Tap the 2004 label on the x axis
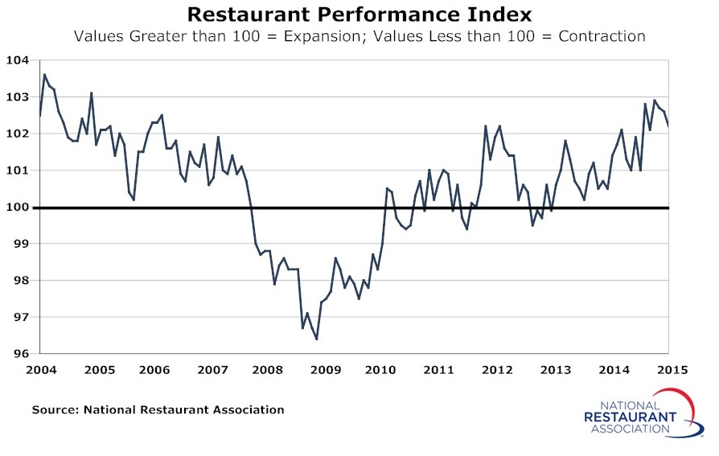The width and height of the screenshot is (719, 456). [x=39, y=371]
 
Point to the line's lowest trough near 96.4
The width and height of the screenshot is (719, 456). [x=316, y=339]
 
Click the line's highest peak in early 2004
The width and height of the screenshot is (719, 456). [x=44, y=75]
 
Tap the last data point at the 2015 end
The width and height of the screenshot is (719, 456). [x=669, y=125]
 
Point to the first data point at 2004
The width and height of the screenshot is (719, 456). [x=39, y=116]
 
